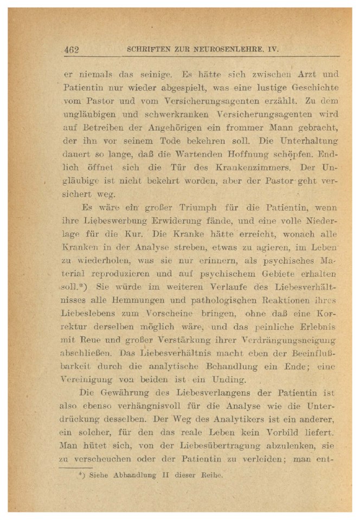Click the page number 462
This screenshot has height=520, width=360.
72,50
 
